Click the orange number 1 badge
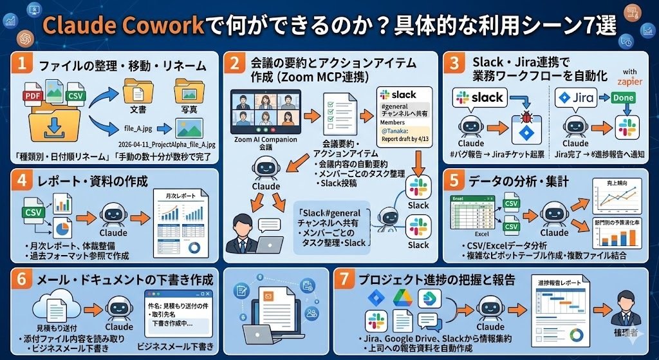(23, 65)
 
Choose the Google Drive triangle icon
(403, 298)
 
